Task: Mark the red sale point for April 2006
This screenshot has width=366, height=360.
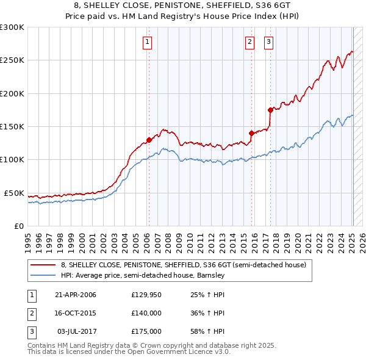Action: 149,140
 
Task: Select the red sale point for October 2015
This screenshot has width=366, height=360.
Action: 251,132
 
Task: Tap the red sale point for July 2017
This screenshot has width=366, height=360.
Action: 270,110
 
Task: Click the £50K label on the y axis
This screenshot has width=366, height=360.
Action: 14,193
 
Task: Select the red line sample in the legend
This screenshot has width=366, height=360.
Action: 44,265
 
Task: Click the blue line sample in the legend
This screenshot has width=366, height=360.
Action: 44,275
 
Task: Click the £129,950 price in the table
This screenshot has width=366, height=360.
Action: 146,295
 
